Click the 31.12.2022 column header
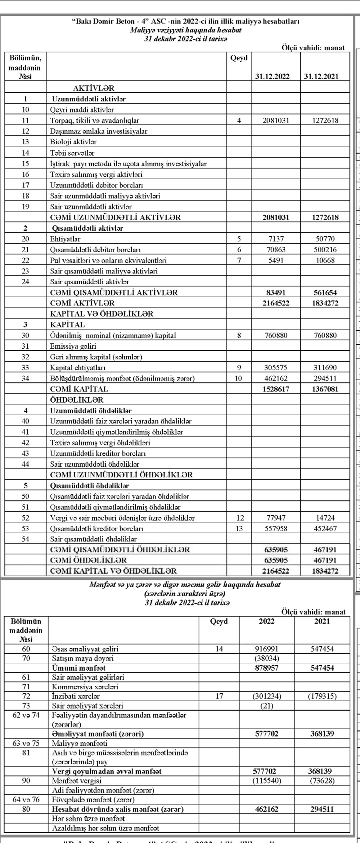pyautogui.click(x=276, y=77)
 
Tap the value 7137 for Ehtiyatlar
pyautogui.click(x=276, y=239)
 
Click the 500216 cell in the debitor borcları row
pyautogui.click(x=325, y=250)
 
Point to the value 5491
pyautogui.click(x=276, y=260)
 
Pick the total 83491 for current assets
pyautogui.click(x=276, y=293)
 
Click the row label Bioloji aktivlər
pyautogui.click(x=73, y=142)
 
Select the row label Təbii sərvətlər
pyautogui.click(x=72, y=153)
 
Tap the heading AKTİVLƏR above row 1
pyautogui.click(x=94, y=88)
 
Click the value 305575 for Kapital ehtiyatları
pyautogui.click(x=276, y=368)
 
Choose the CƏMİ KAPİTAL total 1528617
pyautogui.click(x=276, y=389)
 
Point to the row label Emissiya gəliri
pyautogui.click(x=73, y=346)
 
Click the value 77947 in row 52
pyautogui.click(x=276, y=518)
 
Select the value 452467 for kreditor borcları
pyautogui.click(x=325, y=529)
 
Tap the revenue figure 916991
pyautogui.click(x=266, y=649)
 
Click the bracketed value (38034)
pyautogui.click(x=266, y=658)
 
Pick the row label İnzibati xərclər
pyautogui.click(x=76, y=696)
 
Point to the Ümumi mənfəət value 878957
pyautogui.click(x=266, y=668)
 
